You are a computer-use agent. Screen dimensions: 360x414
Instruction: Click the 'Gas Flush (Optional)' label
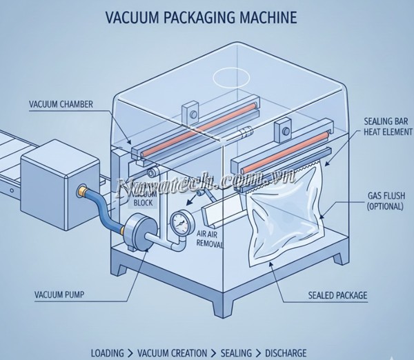coord(381,201)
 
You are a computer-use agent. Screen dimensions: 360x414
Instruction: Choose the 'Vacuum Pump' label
coord(61,295)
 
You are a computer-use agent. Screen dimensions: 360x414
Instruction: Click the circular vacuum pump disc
coord(138,231)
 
